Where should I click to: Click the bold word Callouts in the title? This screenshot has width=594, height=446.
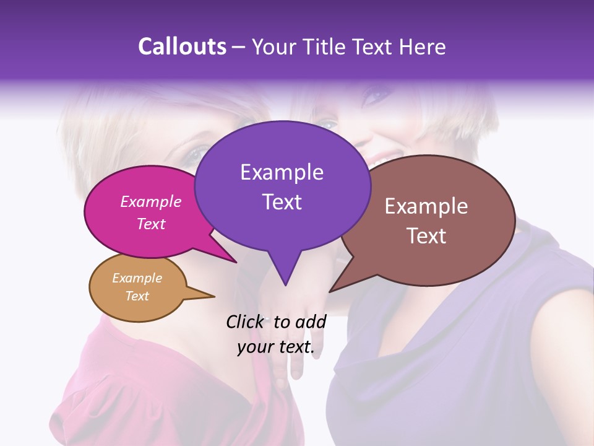pyautogui.click(x=182, y=46)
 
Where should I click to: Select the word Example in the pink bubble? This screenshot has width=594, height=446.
pyautogui.click(x=151, y=201)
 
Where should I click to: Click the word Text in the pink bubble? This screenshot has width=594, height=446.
pyautogui.click(x=151, y=224)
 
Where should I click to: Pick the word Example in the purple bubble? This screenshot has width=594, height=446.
pyautogui.click(x=282, y=172)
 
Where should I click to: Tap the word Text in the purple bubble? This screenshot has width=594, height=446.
pyautogui.click(x=282, y=202)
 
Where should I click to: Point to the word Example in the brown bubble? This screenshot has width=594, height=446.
pyautogui.click(x=426, y=206)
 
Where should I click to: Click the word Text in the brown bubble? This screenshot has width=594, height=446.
pyautogui.click(x=426, y=236)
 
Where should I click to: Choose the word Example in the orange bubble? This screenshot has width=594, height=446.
pyautogui.click(x=137, y=278)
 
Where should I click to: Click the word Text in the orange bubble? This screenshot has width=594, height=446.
pyautogui.click(x=137, y=296)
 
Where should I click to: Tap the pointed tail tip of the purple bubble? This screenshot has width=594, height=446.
pyautogui.click(x=285, y=285)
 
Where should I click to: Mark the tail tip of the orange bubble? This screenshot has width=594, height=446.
pyautogui.click(x=214, y=297)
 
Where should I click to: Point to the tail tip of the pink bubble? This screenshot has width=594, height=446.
pyautogui.click(x=236, y=263)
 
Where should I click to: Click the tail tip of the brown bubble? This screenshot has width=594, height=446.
pyautogui.click(x=330, y=291)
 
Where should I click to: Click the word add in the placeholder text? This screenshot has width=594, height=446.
pyautogui.click(x=311, y=321)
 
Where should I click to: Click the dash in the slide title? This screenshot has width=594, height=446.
pyautogui.click(x=239, y=47)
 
